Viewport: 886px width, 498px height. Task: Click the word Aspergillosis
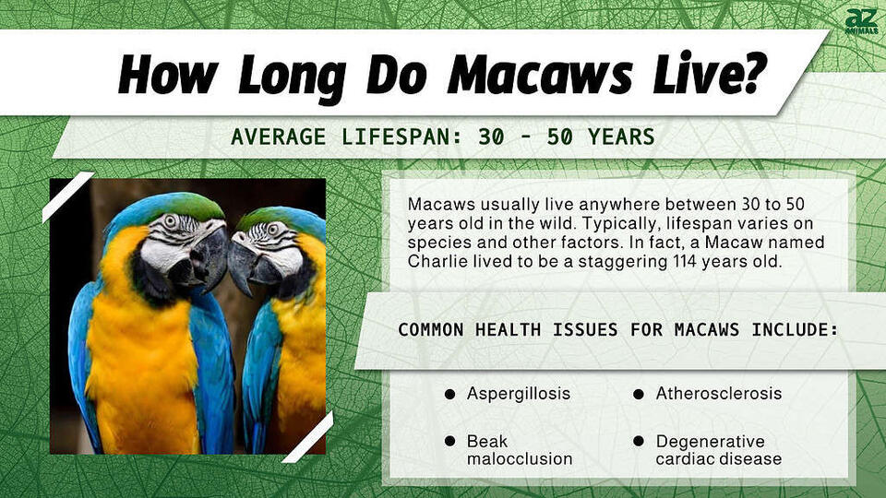point(519,394)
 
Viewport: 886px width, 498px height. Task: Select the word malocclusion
point(520,458)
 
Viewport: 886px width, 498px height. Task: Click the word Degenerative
point(711,442)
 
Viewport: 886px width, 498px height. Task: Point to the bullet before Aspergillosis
point(449,394)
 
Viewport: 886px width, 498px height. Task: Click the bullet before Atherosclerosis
point(639,394)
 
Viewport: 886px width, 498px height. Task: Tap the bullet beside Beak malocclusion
point(449,443)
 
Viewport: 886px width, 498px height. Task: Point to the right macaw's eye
point(273,228)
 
